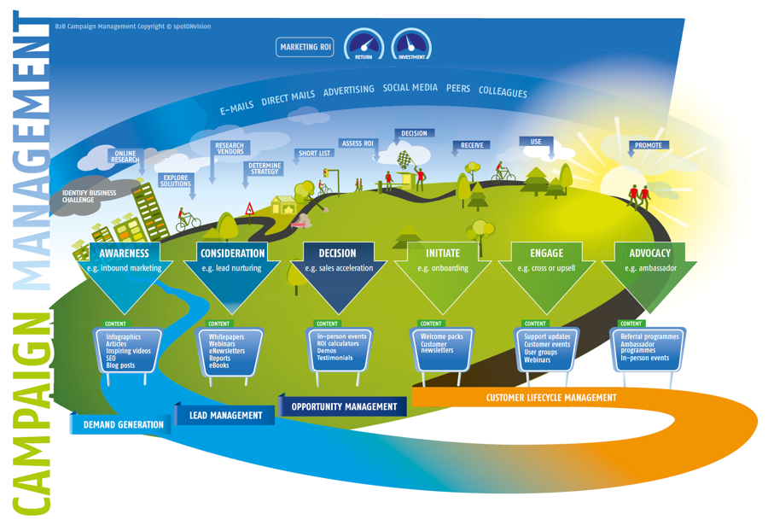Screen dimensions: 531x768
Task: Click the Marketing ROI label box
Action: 305,47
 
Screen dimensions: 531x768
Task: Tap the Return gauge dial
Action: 364,45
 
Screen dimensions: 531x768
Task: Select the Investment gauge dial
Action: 411,45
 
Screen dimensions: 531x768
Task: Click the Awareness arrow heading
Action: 124,253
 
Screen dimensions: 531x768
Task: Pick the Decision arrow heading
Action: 337,253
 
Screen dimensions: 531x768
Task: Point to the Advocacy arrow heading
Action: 649,253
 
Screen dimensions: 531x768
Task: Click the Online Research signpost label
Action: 125,156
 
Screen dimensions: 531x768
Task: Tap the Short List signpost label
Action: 314,154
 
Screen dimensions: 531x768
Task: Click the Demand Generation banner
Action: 123,424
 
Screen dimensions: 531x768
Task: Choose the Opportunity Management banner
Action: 344,407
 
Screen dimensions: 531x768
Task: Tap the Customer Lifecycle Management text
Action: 550,398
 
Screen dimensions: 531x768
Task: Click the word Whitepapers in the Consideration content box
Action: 227,337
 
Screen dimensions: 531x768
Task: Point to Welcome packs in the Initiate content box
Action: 441,337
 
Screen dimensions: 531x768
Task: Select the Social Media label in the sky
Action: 410,88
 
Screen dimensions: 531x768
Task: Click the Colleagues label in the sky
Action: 503,91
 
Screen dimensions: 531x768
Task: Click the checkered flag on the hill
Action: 404,159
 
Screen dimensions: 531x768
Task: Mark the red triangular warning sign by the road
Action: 249,207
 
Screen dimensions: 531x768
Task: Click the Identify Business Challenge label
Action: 89,196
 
